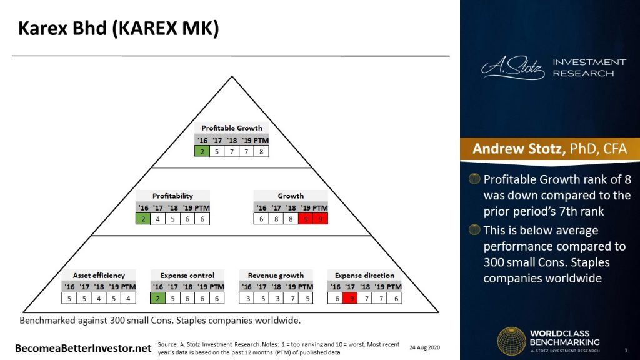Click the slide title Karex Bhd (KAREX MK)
pyautogui.click(x=118, y=29)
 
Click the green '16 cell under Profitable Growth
pyautogui.click(x=202, y=151)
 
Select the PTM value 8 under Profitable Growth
pyautogui.click(x=261, y=151)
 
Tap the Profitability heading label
pyautogui.click(x=172, y=196)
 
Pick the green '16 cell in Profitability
pyautogui.click(x=143, y=219)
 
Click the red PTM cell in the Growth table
pyautogui.click(x=321, y=219)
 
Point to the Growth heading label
pyautogui.click(x=291, y=196)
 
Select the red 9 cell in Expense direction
pyautogui.click(x=352, y=298)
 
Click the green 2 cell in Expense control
pyautogui.click(x=158, y=298)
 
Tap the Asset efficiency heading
pyautogui.click(x=99, y=276)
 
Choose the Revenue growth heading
pyautogui.click(x=276, y=276)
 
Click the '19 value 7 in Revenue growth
pyautogui.click(x=291, y=298)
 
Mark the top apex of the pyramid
pyautogui.click(x=232, y=77)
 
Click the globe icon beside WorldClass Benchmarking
pyautogui.click(x=511, y=341)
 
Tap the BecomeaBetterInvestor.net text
pyautogui.click(x=83, y=347)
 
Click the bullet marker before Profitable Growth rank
pyautogui.click(x=475, y=179)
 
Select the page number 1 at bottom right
pyautogui.click(x=626, y=349)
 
